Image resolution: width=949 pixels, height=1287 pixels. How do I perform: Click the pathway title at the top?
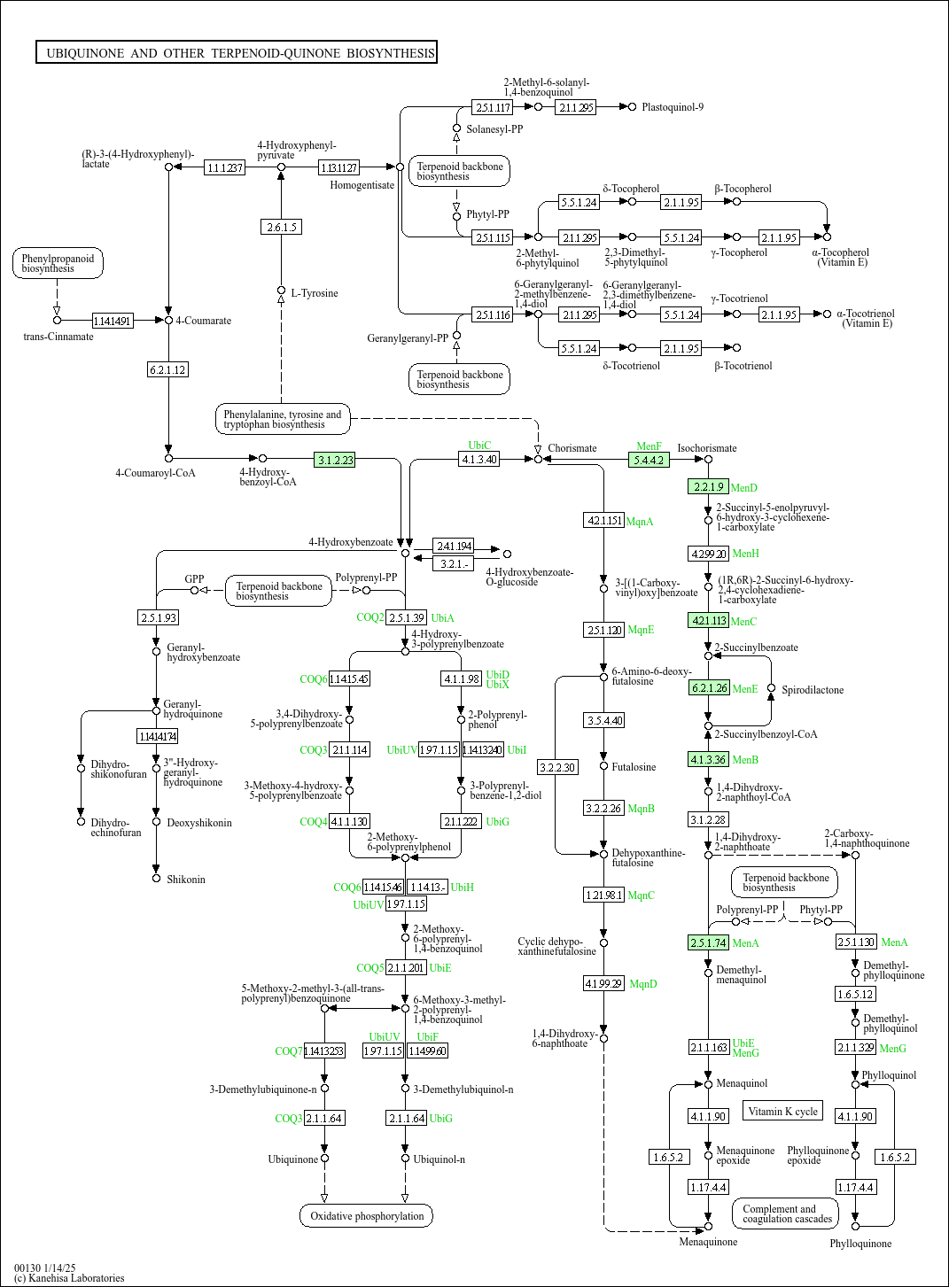coord(237,53)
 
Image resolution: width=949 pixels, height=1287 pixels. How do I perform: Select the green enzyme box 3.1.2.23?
coord(336,460)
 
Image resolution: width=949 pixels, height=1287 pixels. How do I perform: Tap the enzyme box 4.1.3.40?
coord(479,459)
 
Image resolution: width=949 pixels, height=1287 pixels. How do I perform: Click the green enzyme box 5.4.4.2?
coord(649,460)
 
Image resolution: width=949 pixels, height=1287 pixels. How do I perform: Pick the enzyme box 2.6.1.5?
coord(282,227)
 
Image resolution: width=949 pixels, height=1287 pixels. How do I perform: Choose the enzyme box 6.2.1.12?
coord(167,369)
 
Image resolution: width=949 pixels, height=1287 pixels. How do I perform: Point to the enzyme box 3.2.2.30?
coord(557,767)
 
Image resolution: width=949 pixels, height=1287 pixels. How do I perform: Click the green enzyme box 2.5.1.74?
coord(709,942)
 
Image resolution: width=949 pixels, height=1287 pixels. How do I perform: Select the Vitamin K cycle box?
coord(782,1111)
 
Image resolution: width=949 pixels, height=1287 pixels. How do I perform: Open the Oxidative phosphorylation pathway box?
coord(367,1216)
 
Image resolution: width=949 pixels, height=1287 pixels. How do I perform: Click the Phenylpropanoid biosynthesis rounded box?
coord(58,263)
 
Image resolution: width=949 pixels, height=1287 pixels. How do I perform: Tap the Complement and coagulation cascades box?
coord(787,1213)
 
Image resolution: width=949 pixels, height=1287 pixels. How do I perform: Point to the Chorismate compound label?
coord(572,448)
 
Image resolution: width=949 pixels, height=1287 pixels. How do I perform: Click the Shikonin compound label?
coord(186,880)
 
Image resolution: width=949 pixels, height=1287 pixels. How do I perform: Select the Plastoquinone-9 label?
coord(673,107)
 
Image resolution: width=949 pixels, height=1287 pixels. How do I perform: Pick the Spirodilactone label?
coord(813,690)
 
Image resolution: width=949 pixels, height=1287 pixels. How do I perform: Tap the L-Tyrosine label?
coord(315,293)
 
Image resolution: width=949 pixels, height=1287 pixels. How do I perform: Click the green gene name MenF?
coord(649,446)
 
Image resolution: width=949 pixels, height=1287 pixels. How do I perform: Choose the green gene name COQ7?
coord(288,1051)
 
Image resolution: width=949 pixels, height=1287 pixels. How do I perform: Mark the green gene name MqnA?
coord(640,522)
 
